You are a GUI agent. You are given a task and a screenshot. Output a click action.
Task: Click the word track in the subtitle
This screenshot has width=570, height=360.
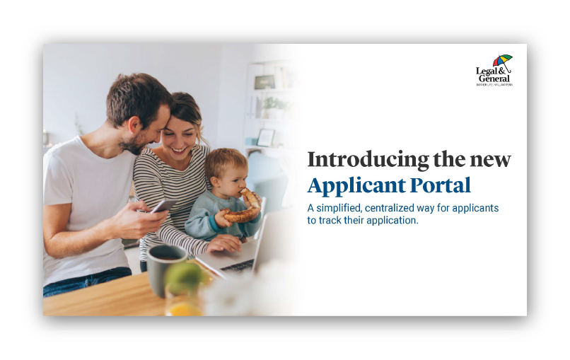pos(334,220)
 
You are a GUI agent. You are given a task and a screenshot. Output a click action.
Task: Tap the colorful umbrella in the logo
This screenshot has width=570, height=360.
pos(502,61)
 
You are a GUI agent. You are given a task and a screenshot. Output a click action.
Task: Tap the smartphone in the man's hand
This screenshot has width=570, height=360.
pos(163,206)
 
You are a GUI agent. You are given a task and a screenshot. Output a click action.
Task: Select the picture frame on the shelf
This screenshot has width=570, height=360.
pos(266,137)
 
